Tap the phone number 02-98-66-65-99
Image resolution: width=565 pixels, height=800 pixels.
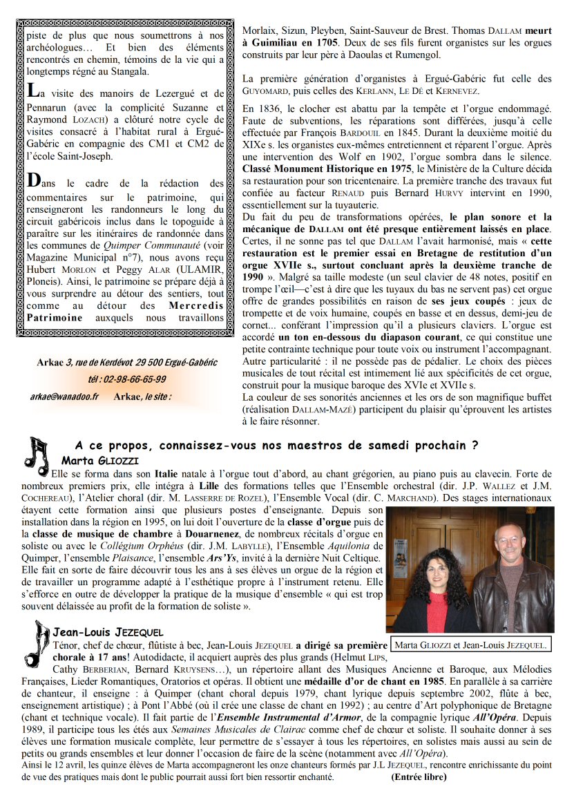point(126,379)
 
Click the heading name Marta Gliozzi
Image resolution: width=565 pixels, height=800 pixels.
point(100,460)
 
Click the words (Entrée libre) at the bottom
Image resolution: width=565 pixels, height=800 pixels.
point(419,777)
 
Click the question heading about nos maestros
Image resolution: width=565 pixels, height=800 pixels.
point(276,446)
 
